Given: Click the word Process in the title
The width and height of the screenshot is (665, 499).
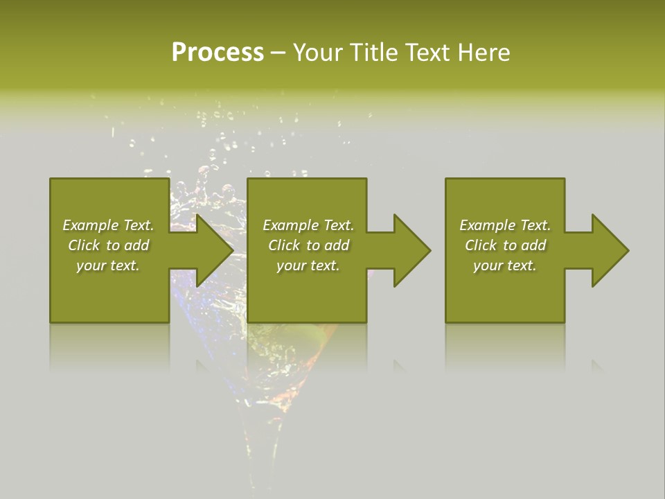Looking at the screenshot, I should [x=218, y=53].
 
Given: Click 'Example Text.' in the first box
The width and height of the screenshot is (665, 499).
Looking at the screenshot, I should [x=108, y=225].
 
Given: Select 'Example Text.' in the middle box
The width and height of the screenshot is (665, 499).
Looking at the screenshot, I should [x=308, y=225].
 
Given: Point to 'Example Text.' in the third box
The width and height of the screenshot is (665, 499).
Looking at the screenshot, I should [x=505, y=225].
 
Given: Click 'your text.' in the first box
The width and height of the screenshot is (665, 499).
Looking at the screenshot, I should [x=108, y=265].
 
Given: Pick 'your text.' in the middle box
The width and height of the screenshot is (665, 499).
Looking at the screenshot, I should [x=308, y=265].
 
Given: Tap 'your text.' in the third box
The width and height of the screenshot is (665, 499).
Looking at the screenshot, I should [x=505, y=265].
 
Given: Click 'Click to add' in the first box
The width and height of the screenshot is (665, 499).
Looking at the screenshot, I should [x=108, y=245].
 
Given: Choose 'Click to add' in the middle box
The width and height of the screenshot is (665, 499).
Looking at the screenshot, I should [x=308, y=245].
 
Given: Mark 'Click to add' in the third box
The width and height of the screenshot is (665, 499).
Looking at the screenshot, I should [x=505, y=245].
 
